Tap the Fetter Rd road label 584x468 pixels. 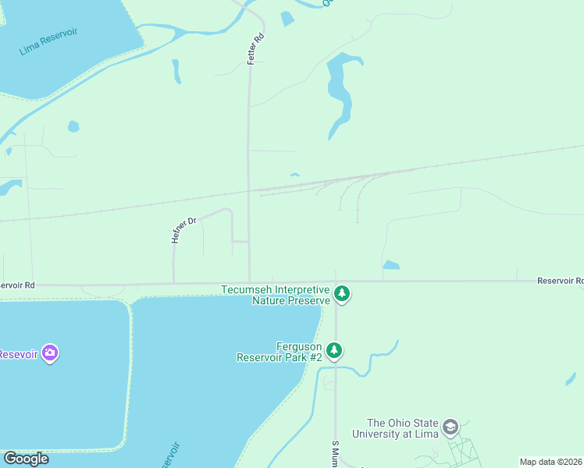[253, 48]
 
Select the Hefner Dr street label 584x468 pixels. [185, 231]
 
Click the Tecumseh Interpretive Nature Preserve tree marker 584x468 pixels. [341, 294]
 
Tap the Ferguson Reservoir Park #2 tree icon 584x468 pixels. [334, 350]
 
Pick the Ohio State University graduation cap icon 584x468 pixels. [450, 427]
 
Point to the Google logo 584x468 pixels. [26, 459]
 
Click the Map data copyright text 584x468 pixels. [550, 462]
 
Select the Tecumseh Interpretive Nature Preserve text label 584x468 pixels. [275, 295]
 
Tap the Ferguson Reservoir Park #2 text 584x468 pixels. [280, 352]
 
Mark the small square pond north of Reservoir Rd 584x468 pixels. [390, 265]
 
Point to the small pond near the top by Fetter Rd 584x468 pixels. [287, 19]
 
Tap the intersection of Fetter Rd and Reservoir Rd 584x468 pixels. [250, 282]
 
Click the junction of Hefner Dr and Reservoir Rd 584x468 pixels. [173, 283]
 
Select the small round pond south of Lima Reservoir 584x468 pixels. [73, 126]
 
